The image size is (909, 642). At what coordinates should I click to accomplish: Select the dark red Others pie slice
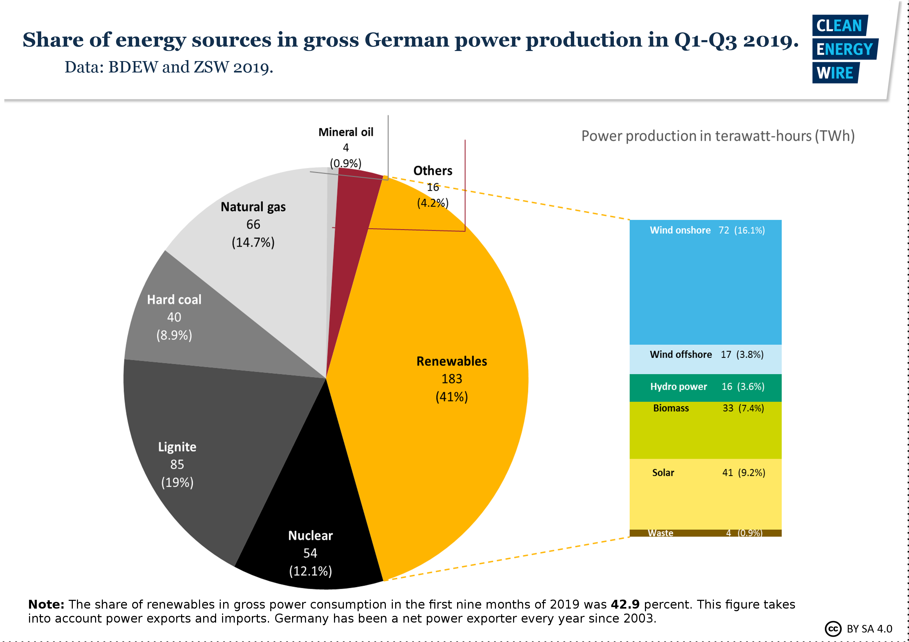coord(352,214)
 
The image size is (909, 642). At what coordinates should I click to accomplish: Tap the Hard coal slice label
coord(174,300)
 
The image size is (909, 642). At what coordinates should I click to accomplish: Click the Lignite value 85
coord(177,464)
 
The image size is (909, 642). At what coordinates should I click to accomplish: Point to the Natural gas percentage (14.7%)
coord(253,242)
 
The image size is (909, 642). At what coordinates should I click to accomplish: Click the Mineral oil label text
coord(346,132)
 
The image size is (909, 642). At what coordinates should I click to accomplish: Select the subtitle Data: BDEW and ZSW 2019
coord(169,67)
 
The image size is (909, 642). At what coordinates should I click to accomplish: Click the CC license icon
coord(833,629)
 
